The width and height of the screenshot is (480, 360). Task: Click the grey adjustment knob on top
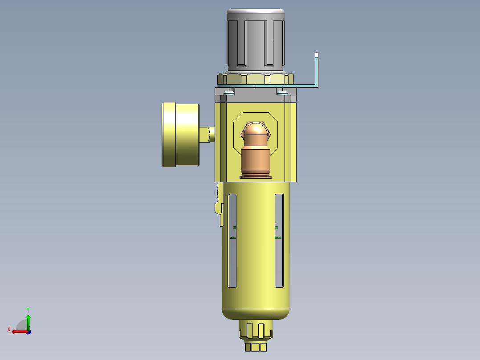[x=256, y=40]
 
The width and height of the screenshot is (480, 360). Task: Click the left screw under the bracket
[x=229, y=92]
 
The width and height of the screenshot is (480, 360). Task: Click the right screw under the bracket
[x=282, y=92]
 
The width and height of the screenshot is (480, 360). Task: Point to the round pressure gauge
[x=180, y=135]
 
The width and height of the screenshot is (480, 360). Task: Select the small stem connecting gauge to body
[x=206, y=134]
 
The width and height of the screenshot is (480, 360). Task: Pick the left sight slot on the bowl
[x=232, y=241]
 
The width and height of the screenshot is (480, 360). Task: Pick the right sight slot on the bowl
[x=279, y=241]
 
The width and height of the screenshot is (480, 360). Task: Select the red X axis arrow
[x=18, y=331]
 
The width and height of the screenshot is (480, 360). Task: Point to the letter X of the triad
[x=9, y=329]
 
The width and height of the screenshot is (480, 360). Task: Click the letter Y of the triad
[x=28, y=309]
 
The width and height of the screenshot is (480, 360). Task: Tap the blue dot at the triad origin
[x=28, y=331]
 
